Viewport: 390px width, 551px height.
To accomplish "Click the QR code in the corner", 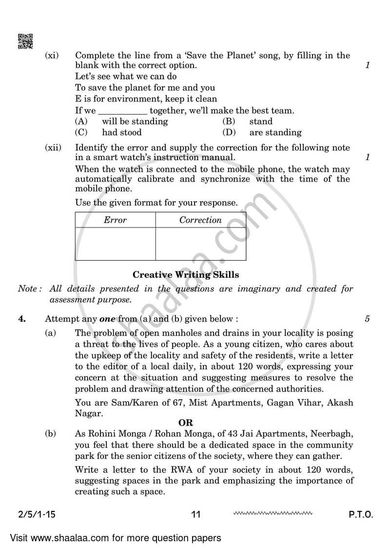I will pyautogui.click(x=25, y=41).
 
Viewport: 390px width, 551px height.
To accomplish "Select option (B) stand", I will pyautogui.click(x=260, y=121).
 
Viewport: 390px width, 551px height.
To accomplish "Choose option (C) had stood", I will pyautogui.click(x=121, y=132).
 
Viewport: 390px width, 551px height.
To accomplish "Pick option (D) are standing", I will pyautogui.click(x=275, y=132).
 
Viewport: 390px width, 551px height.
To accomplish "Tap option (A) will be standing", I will pyautogui.click(x=134, y=121).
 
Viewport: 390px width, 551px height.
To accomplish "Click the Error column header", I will pyautogui.click(x=115, y=220).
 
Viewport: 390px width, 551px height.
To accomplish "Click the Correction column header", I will pyautogui.click(x=200, y=220).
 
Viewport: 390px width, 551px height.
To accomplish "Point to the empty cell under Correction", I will pyautogui.click(x=200, y=244).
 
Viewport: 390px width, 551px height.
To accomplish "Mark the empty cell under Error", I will pyautogui.click(x=115, y=244).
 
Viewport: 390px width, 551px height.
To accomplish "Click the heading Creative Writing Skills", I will pyautogui.click(x=186, y=275).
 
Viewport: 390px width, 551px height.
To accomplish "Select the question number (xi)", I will pyautogui.click(x=52, y=56).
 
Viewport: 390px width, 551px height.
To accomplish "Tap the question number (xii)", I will pyautogui.click(x=53, y=148).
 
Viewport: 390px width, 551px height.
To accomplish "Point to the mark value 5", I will pyautogui.click(x=367, y=319).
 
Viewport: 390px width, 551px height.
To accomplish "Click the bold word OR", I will pyautogui.click(x=185, y=423).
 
